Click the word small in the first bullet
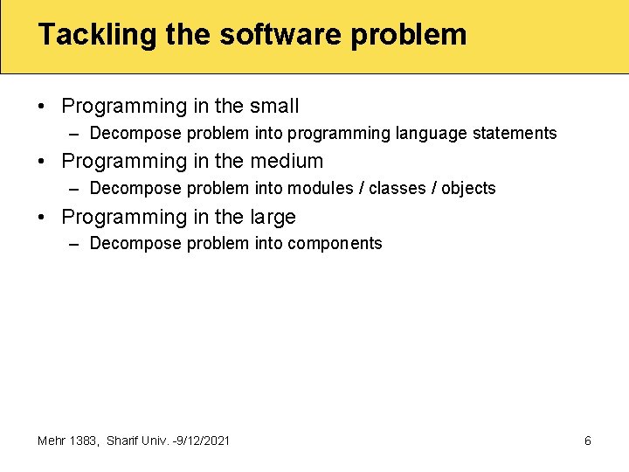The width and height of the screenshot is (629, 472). (x=274, y=107)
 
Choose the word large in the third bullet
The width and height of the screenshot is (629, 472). (x=273, y=217)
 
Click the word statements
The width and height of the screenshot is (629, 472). (x=515, y=134)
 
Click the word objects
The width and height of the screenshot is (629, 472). (x=468, y=189)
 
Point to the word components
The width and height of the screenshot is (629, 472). (x=335, y=244)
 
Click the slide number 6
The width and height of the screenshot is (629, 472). (x=587, y=441)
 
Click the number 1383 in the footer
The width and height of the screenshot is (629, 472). (x=84, y=441)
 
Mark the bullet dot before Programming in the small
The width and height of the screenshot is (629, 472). (x=42, y=108)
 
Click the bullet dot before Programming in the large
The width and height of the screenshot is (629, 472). (x=42, y=218)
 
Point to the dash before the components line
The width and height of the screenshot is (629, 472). (x=75, y=244)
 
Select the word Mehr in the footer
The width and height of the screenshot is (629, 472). (x=52, y=441)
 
